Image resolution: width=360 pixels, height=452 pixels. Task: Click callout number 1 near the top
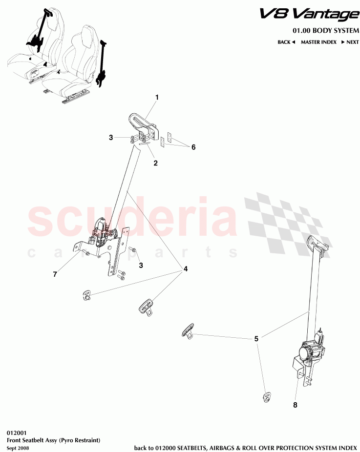pos(157,98)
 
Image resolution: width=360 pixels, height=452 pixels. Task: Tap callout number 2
pos(156,163)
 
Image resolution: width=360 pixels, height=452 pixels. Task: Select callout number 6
pos(193,147)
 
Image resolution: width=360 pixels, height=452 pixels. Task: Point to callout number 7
pos(55,274)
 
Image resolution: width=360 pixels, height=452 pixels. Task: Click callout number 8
pos(295,405)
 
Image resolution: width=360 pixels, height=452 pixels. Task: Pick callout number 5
pos(256,339)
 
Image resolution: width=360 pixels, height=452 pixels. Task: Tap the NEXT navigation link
pos(350,42)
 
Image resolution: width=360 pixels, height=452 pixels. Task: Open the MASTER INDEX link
pos(319,42)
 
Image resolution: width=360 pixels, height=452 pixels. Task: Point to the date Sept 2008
pos(18,448)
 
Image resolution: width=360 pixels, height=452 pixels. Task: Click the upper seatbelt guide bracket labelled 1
pos(144,127)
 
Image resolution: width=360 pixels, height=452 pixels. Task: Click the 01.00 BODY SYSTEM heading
pos(326,31)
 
